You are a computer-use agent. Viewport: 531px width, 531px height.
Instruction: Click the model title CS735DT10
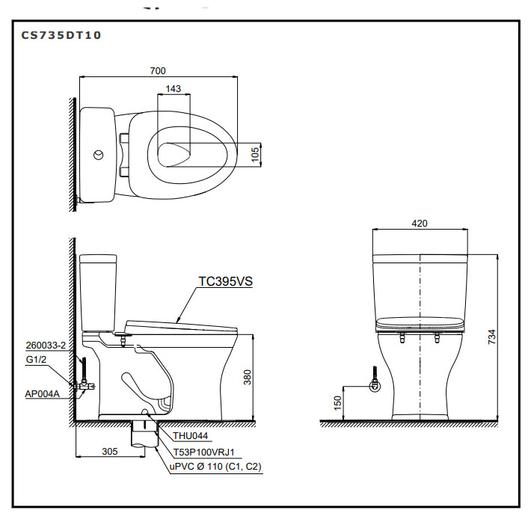tap(61, 35)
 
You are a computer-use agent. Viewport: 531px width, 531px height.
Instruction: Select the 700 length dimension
tap(158, 71)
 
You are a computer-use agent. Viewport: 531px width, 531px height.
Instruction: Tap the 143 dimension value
tap(174, 89)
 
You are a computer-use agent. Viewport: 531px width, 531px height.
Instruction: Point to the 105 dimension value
tap(255, 154)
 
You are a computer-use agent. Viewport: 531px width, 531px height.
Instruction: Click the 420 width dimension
tap(420, 224)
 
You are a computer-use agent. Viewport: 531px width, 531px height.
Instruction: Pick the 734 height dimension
tap(492, 337)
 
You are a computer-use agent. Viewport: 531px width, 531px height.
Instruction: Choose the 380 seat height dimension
tap(248, 377)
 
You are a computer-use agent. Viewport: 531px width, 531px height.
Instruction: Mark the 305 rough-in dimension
tap(110, 452)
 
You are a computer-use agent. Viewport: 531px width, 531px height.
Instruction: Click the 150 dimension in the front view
tap(337, 403)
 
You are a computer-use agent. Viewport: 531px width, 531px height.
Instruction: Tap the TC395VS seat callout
tap(225, 281)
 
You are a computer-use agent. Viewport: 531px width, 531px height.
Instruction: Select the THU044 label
tap(190, 436)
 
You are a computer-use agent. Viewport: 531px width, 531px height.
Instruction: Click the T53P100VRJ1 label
tap(204, 452)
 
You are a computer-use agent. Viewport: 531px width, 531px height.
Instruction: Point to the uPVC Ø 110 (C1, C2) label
tap(215, 467)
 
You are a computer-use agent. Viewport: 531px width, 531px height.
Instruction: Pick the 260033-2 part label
tap(46, 346)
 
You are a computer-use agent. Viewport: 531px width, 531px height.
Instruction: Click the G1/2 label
tap(36, 359)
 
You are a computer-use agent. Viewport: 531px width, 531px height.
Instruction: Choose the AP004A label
tap(42, 394)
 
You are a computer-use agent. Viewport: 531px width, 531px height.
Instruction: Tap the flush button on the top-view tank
tap(99, 155)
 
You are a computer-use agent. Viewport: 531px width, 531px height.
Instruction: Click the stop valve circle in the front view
tap(375, 386)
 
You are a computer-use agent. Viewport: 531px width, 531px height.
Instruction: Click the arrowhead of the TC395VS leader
tap(178, 319)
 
